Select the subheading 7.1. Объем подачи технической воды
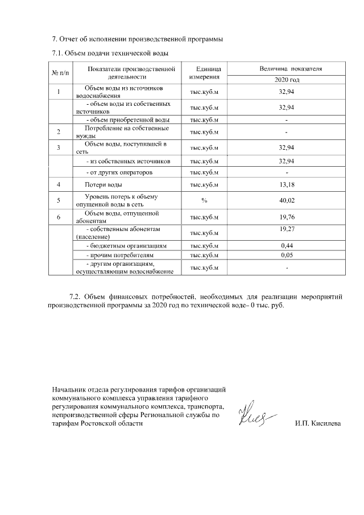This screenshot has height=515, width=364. pos(110,53)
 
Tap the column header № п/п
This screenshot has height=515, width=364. pos(59,73)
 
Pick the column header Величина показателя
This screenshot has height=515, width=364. pos(290,68)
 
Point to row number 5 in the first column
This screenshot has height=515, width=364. pos(59,200)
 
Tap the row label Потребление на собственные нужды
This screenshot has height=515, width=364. pos(119,133)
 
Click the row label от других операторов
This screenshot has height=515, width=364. pos(119,172)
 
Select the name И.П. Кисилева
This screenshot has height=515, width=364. pos(318,425)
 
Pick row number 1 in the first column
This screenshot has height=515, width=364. pos(59,92)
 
